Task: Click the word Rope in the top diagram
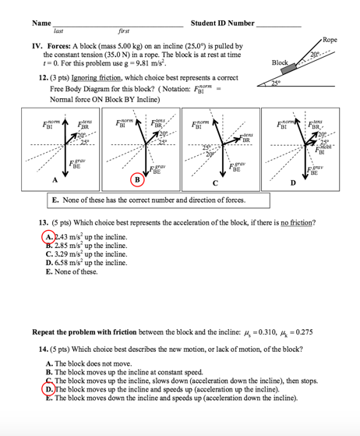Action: click(x=330, y=40)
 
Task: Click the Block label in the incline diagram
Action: click(x=281, y=62)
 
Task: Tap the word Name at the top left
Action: click(x=32, y=24)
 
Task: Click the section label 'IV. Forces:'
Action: click(x=44, y=47)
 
